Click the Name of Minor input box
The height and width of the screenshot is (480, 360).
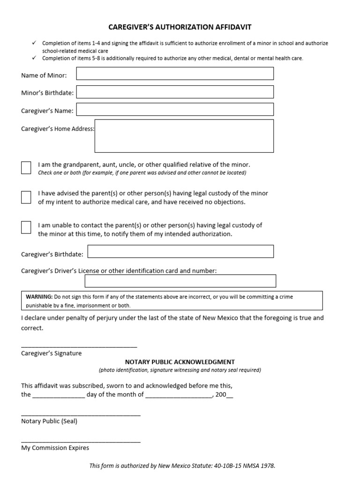click(x=175, y=74)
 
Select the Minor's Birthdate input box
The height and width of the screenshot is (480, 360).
click(x=175, y=92)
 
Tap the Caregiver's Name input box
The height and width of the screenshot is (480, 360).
click(x=175, y=110)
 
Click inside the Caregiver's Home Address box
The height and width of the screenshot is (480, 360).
click(x=184, y=136)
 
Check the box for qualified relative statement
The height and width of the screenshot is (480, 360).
click(x=26, y=168)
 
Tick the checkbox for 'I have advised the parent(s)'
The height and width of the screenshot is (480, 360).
click(x=26, y=197)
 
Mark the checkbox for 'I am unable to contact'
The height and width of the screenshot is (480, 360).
click(x=26, y=227)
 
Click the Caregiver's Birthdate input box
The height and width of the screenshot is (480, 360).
click(x=180, y=252)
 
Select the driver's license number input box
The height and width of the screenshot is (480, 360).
click(x=180, y=281)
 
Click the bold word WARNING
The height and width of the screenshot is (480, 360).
click(x=39, y=297)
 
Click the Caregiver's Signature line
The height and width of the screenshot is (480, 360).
click(x=79, y=346)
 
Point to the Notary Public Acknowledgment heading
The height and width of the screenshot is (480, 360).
click(x=180, y=362)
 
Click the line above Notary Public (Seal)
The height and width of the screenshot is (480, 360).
click(x=81, y=415)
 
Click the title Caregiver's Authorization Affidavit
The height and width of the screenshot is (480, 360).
click(x=180, y=28)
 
